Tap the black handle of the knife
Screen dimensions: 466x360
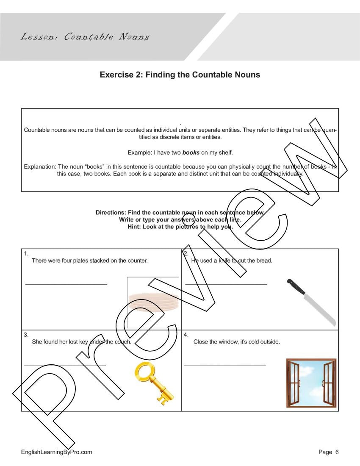point(296,287)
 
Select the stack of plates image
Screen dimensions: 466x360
point(152,302)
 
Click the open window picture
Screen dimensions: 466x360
point(311,383)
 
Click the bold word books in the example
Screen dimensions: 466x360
point(191,153)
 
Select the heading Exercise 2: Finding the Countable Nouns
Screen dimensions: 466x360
point(180,75)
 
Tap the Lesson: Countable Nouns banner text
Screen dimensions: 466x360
point(85,37)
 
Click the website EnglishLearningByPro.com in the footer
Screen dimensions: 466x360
point(56,452)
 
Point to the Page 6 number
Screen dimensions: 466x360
point(328,452)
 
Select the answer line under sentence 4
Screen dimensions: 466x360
point(224,365)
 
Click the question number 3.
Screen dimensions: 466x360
point(26,335)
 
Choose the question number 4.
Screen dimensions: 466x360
point(186,335)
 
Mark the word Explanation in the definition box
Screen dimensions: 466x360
point(40,167)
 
